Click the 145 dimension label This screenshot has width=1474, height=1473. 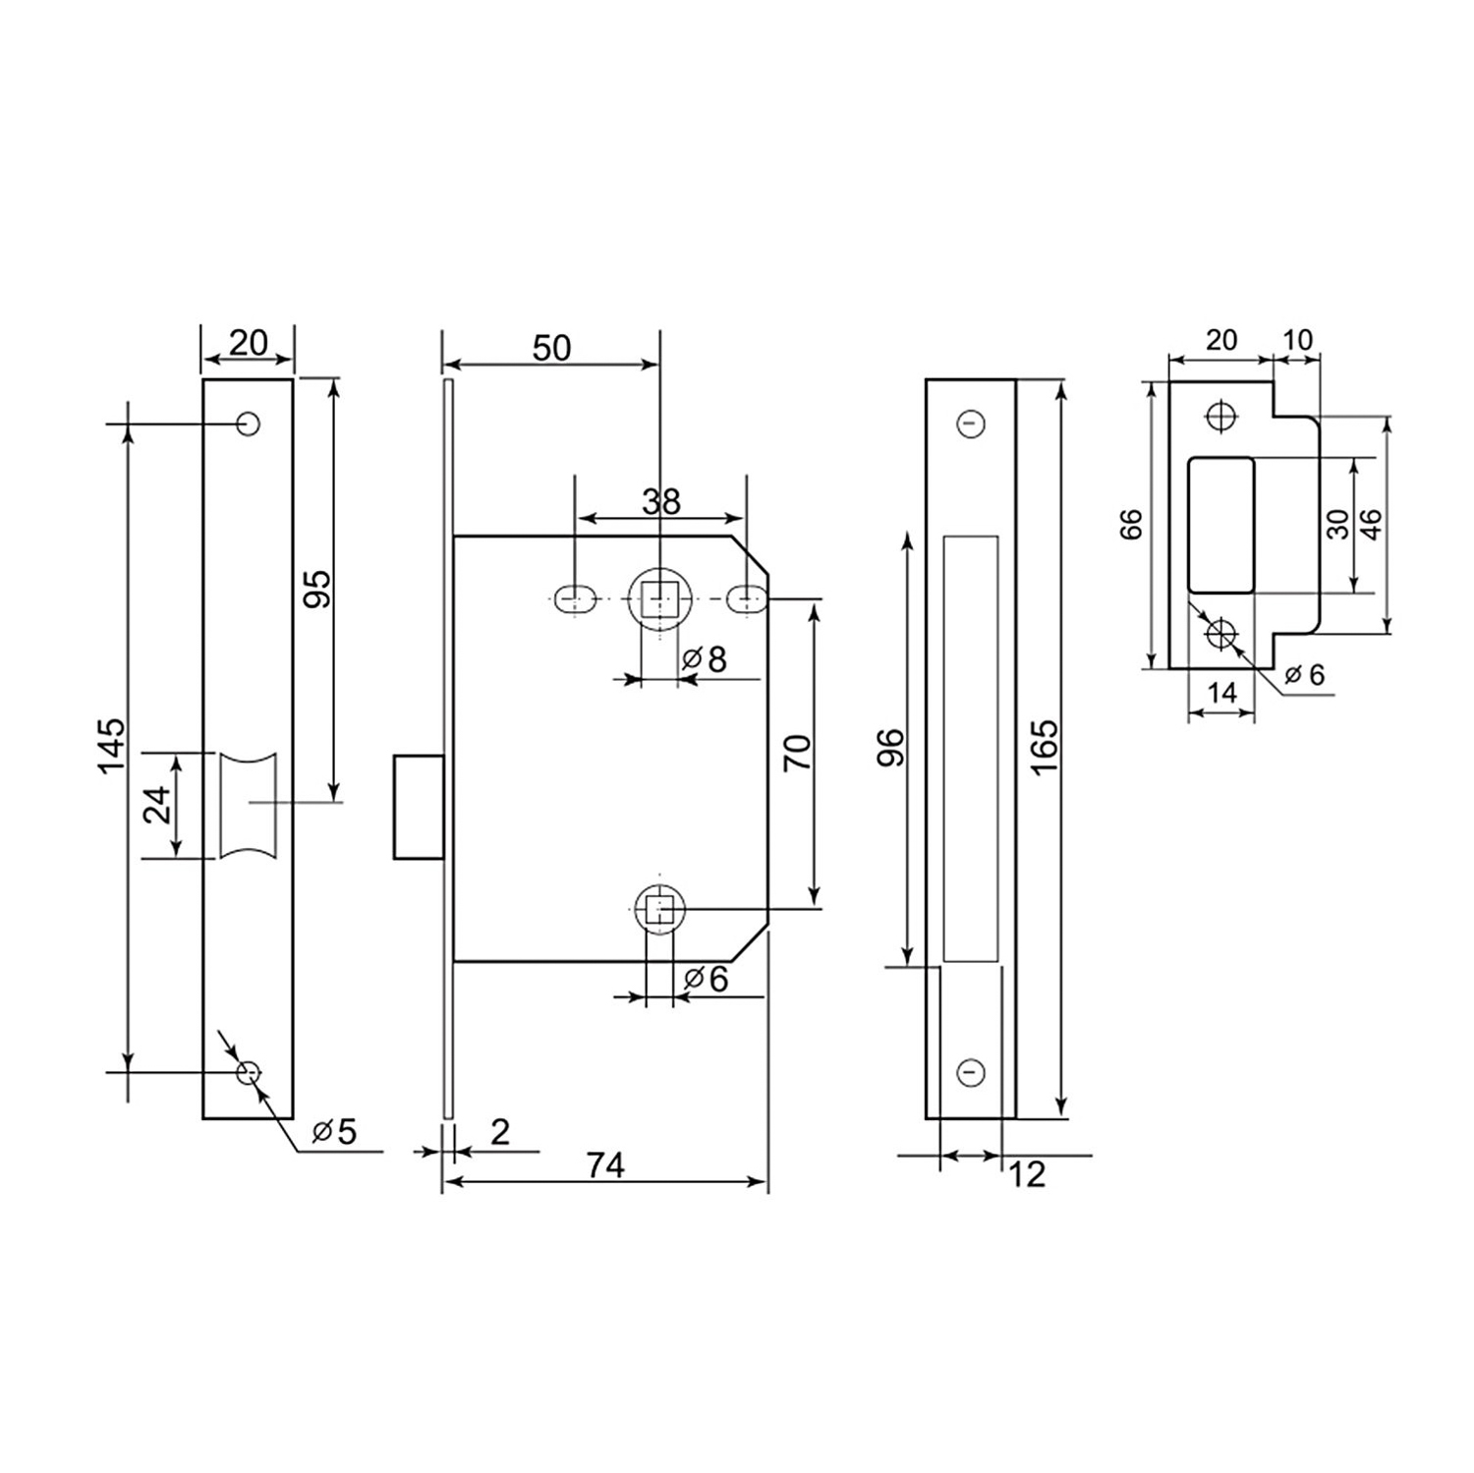(x=111, y=744)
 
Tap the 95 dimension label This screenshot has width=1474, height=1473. (x=317, y=588)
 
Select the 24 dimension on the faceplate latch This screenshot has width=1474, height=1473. (x=158, y=805)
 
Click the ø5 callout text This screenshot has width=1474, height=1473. (x=334, y=1131)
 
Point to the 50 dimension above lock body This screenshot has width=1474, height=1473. (x=551, y=348)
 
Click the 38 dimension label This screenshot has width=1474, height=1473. (x=661, y=502)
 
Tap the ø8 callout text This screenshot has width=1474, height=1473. (x=705, y=659)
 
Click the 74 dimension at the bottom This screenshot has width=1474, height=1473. (x=605, y=1165)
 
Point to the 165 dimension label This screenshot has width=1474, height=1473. (x=1045, y=746)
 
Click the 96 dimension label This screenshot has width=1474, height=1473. (x=888, y=748)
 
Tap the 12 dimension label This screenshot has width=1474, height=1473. (x=1027, y=1174)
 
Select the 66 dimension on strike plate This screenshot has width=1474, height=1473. (x=1132, y=524)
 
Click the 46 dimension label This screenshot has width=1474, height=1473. (x=1373, y=523)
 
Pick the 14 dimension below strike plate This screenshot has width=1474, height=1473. (x=1221, y=693)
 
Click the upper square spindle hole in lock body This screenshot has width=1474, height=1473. (x=658, y=597)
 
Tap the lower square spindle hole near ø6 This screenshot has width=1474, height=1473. (x=659, y=909)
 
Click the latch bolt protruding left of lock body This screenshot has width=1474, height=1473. (x=418, y=807)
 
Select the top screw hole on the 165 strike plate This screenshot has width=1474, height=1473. (x=971, y=425)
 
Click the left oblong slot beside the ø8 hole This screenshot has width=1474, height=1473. (x=574, y=598)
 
